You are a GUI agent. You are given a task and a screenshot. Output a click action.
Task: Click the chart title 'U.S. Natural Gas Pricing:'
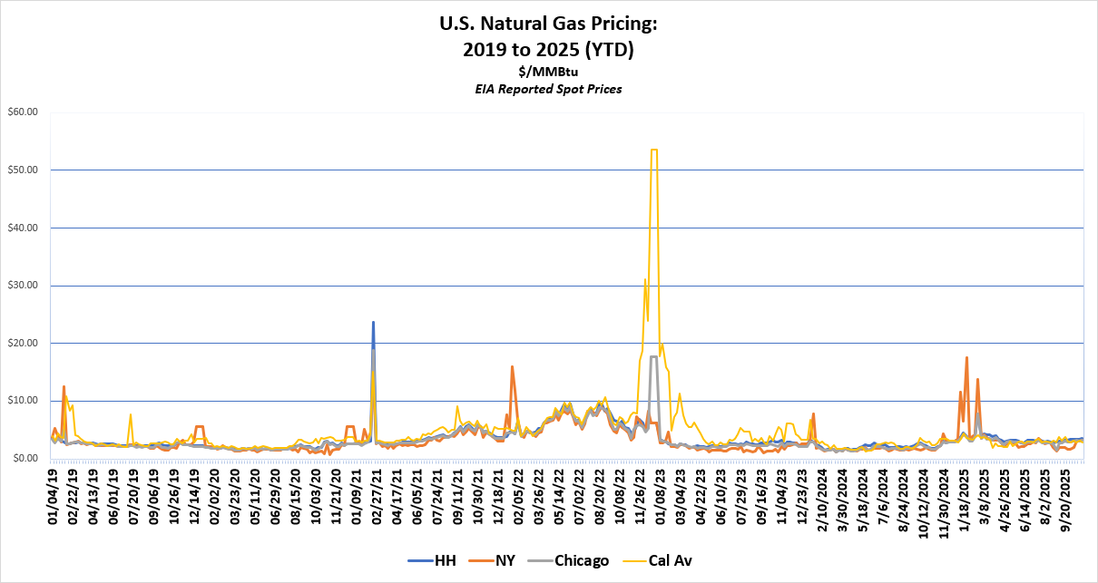click(548, 25)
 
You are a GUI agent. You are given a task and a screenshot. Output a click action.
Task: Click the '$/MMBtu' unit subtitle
click(548, 72)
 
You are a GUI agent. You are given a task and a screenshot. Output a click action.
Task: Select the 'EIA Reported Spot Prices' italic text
click(548, 89)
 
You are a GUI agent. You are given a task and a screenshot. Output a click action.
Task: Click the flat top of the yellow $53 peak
click(653, 150)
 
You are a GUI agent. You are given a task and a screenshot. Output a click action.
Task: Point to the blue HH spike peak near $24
click(373, 322)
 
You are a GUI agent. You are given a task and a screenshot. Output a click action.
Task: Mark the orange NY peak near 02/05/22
click(513, 367)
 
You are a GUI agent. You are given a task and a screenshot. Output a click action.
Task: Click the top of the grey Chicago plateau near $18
click(653, 357)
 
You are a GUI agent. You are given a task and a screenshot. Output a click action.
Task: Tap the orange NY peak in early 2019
click(64, 386)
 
